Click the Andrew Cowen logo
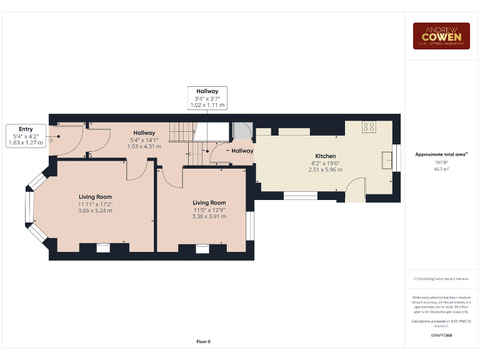tap(441, 36)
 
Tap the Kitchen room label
tap(325, 156)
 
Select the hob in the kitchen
tap(369, 127)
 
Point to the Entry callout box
tap(26, 136)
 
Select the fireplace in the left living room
tap(103, 247)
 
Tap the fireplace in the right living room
tap(202, 249)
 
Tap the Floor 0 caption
tap(204, 341)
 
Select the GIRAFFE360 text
tap(441, 336)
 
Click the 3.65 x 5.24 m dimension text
tap(95, 211)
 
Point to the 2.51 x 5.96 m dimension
tap(325, 169)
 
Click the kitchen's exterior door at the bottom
tap(356, 191)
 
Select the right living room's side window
tap(250, 226)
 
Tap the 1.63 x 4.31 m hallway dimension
tap(144, 146)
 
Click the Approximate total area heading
tap(441, 154)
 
